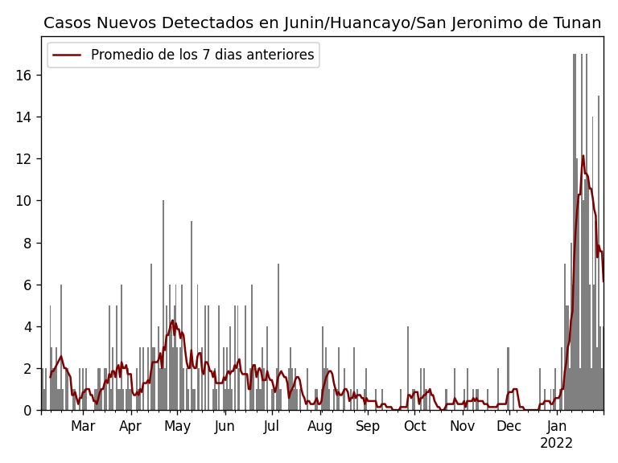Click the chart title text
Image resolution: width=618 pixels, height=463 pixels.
(322, 23)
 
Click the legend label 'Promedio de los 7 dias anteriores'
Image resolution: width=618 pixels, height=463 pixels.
(202, 55)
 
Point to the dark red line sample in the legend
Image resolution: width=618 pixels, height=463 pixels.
(68, 55)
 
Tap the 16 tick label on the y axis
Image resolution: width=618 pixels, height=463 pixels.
(23, 76)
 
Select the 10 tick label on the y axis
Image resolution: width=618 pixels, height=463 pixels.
(23, 201)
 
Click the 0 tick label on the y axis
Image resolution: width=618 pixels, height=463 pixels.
(27, 411)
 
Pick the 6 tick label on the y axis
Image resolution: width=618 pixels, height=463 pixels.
(27, 285)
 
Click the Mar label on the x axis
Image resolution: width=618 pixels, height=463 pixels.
(83, 427)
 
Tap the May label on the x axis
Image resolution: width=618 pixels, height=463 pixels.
(177, 427)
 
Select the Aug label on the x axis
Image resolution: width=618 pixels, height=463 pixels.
(319, 427)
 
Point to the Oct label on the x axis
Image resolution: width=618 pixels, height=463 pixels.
(414, 427)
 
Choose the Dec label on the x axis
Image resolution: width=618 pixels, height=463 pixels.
(509, 427)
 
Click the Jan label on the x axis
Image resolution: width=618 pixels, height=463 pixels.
(557, 427)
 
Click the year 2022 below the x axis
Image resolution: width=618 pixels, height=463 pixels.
(557, 444)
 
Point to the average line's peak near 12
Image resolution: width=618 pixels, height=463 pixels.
(583, 156)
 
